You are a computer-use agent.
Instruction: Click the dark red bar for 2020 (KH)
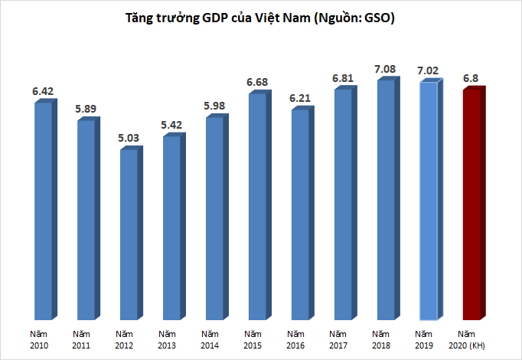(x=471, y=207)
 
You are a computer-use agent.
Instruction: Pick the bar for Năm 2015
(x=258, y=207)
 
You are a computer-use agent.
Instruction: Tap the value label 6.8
(x=472, y=78)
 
